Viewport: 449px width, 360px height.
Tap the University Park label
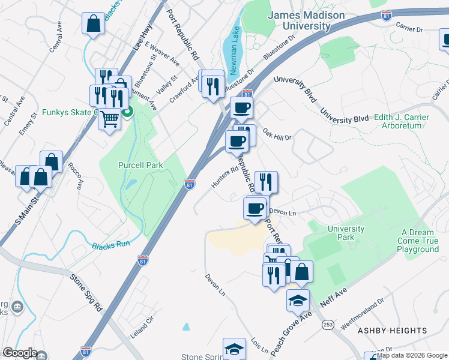[x=346, y=233]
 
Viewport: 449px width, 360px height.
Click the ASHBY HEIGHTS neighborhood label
[x=393, y=331]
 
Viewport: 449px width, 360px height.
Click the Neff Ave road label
[x=335, y=298]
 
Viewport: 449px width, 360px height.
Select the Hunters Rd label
[x=225, y=178]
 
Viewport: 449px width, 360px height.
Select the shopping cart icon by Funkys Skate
[x=109, y=119]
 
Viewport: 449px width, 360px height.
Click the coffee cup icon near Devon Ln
[x=255, y=208]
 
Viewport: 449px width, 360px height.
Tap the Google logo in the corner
[x=19, y=353]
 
